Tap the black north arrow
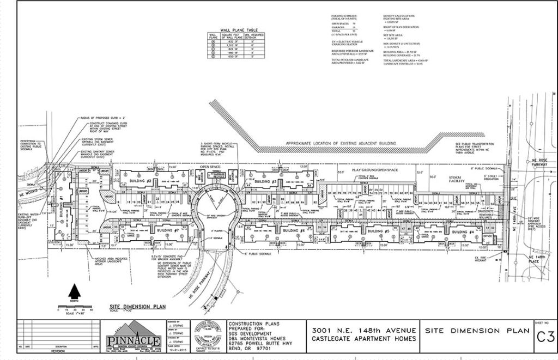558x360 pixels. pos(75,292)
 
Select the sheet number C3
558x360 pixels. pos(542,335)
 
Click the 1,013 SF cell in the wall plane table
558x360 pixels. pos(226,45)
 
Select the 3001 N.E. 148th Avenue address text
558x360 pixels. pos(364,330)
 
